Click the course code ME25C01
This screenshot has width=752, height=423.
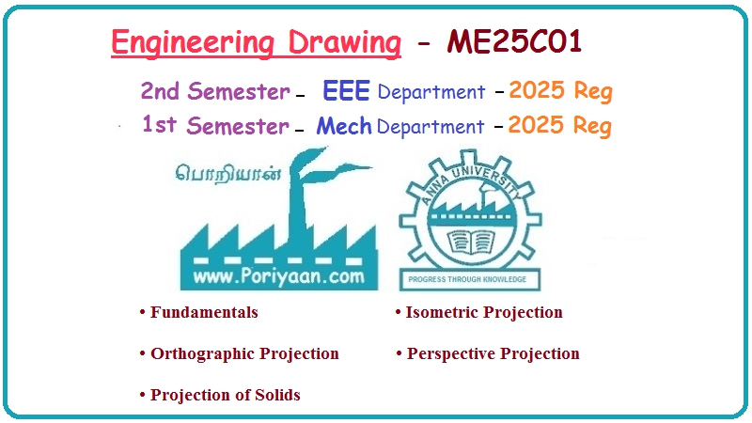click(521, 43)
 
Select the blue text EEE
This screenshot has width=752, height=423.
click(346, 91)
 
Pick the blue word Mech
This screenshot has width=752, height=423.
click(344, 126)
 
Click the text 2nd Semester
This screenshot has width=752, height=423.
click(214, 91)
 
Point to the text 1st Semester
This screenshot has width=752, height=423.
click(214, 126)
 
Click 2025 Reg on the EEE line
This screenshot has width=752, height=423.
click(560, 91)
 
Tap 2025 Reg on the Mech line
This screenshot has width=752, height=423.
click(560, 126)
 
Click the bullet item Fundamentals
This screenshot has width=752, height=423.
click(203, 312)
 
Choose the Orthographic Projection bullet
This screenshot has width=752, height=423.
click(243, 353)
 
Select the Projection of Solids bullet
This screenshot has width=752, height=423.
click(225, 395)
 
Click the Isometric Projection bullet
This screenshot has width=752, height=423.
click(483, 312)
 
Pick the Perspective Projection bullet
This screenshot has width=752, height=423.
click(492, 353)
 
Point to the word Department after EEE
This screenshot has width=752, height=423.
click(431, 92)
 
